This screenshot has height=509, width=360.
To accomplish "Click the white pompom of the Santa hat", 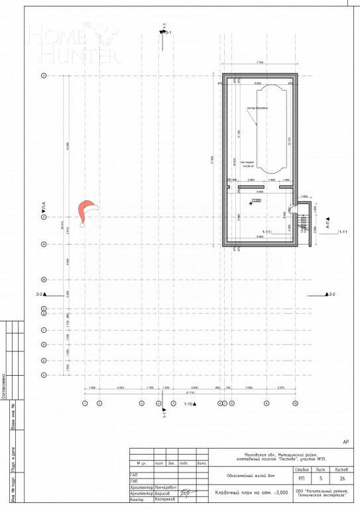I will (83, 225).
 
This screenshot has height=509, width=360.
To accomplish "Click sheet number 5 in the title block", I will (320, 478).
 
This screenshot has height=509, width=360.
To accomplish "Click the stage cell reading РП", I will (302, 478).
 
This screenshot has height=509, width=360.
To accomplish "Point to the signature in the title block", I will (187, 492).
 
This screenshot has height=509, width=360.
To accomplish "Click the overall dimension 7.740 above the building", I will (259, 61).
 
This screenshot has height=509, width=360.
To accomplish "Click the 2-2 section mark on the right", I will (330, 294).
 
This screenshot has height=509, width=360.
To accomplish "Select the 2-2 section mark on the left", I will (41, 294).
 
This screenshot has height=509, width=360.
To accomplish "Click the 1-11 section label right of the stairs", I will (343, 232).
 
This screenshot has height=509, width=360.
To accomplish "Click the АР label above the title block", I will (345, 441).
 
